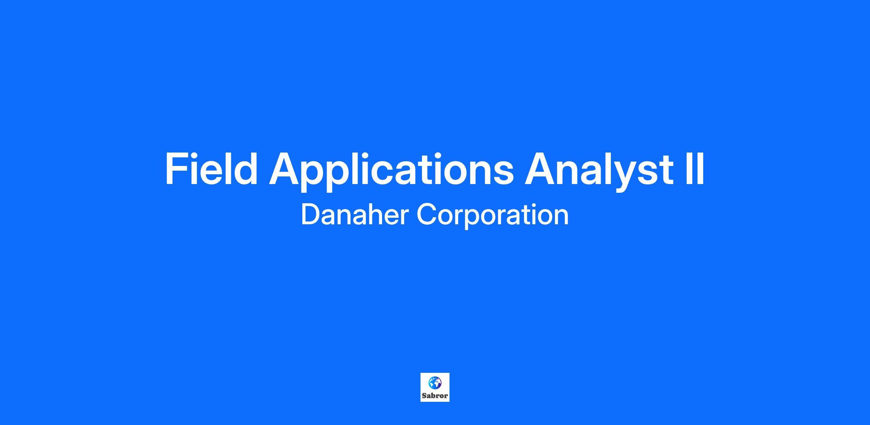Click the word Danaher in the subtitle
355,215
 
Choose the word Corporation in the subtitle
493,216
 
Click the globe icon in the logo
435,383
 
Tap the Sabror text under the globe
435,396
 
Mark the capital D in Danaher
310,215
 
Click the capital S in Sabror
424,396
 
